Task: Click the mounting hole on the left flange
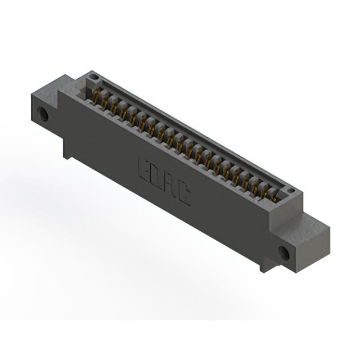[x=43, y=114]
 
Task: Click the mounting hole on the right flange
[x=284, y=253]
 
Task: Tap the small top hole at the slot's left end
[x=93, y=76]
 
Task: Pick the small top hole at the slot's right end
[x=291, y=190]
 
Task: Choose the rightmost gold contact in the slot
[x=274, y=196]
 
